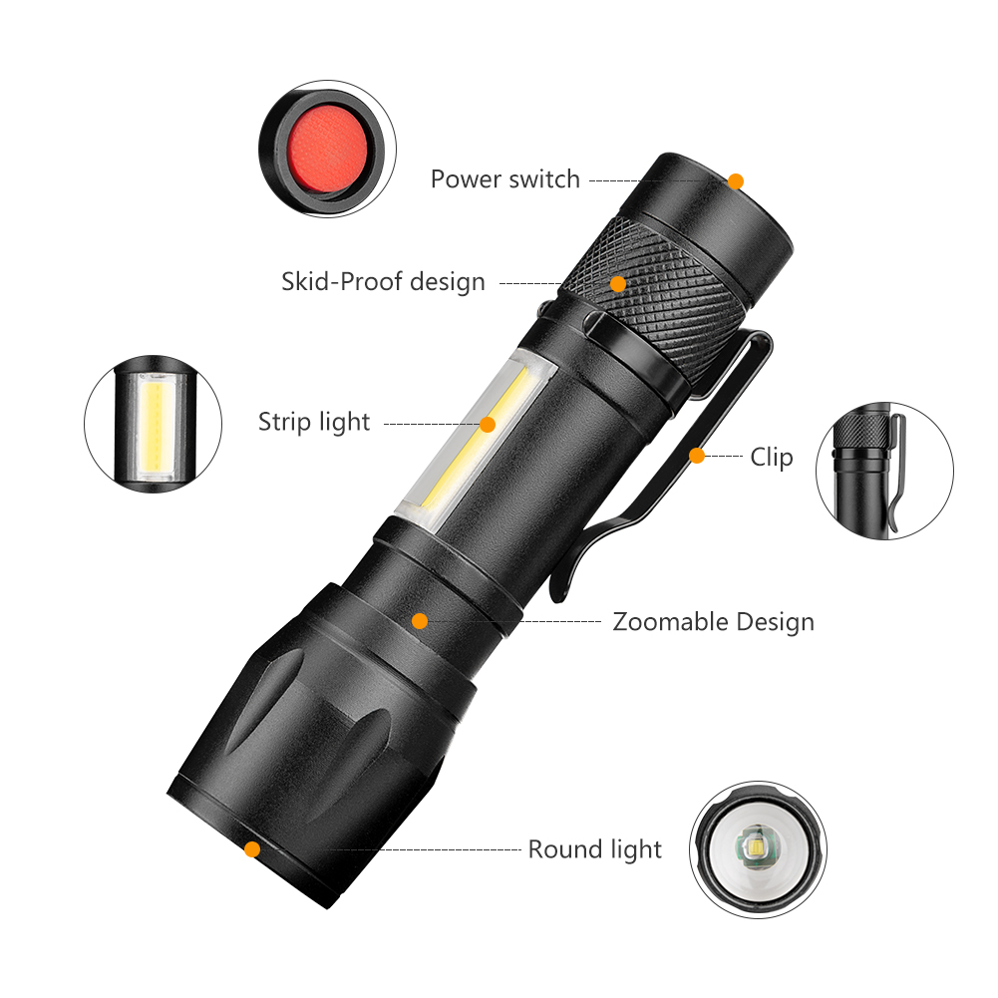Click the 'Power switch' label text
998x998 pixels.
click(x=504, y=179)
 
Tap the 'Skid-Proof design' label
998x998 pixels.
click(x=383, y=282)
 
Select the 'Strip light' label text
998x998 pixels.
click(x=314, y=422)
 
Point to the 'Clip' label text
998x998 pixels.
click(x=772, y=458)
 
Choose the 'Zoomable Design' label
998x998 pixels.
click(x=713, y=622)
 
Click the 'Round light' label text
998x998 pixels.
click(x=594, y=849)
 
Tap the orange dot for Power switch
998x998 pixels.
click(x=736, y=180)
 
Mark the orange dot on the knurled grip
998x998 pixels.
click(x=618, y=284)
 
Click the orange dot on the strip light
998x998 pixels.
click(x=488, y=424)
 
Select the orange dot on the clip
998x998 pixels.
click(x=697, y=456)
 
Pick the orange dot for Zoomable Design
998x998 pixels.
click(x=420, y=621)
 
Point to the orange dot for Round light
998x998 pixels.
click(x=252, y=849)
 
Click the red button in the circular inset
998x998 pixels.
click(x=325, y=144)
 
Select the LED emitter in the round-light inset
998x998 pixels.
click(x=754, y=849)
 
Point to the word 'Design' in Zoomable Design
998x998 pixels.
click(x=776, y=622)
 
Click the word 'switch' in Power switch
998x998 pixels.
click(x=543, y=179)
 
